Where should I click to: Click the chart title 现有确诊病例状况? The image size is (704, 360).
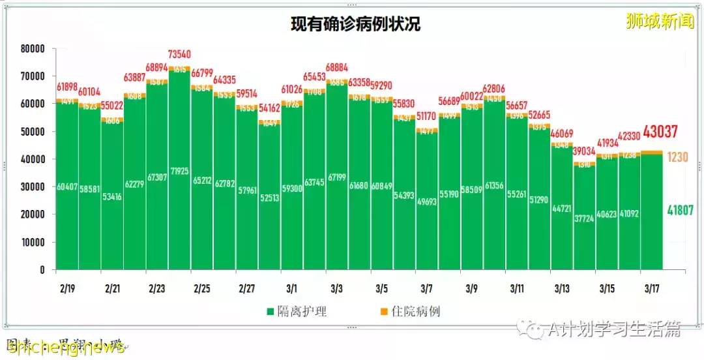(x=355, y=24)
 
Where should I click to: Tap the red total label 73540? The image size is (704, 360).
(x=179, y=53)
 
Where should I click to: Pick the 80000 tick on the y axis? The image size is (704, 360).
(x=31, y=49)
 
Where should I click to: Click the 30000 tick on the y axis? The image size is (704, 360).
(x=31, y=187)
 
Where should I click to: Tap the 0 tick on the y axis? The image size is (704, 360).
(x=42, y=269)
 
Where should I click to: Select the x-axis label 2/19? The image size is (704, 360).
(x=66, y=288)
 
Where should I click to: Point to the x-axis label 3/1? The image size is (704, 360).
(x=291, y=288)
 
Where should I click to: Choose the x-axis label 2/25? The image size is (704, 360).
(x=201, y=288)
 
